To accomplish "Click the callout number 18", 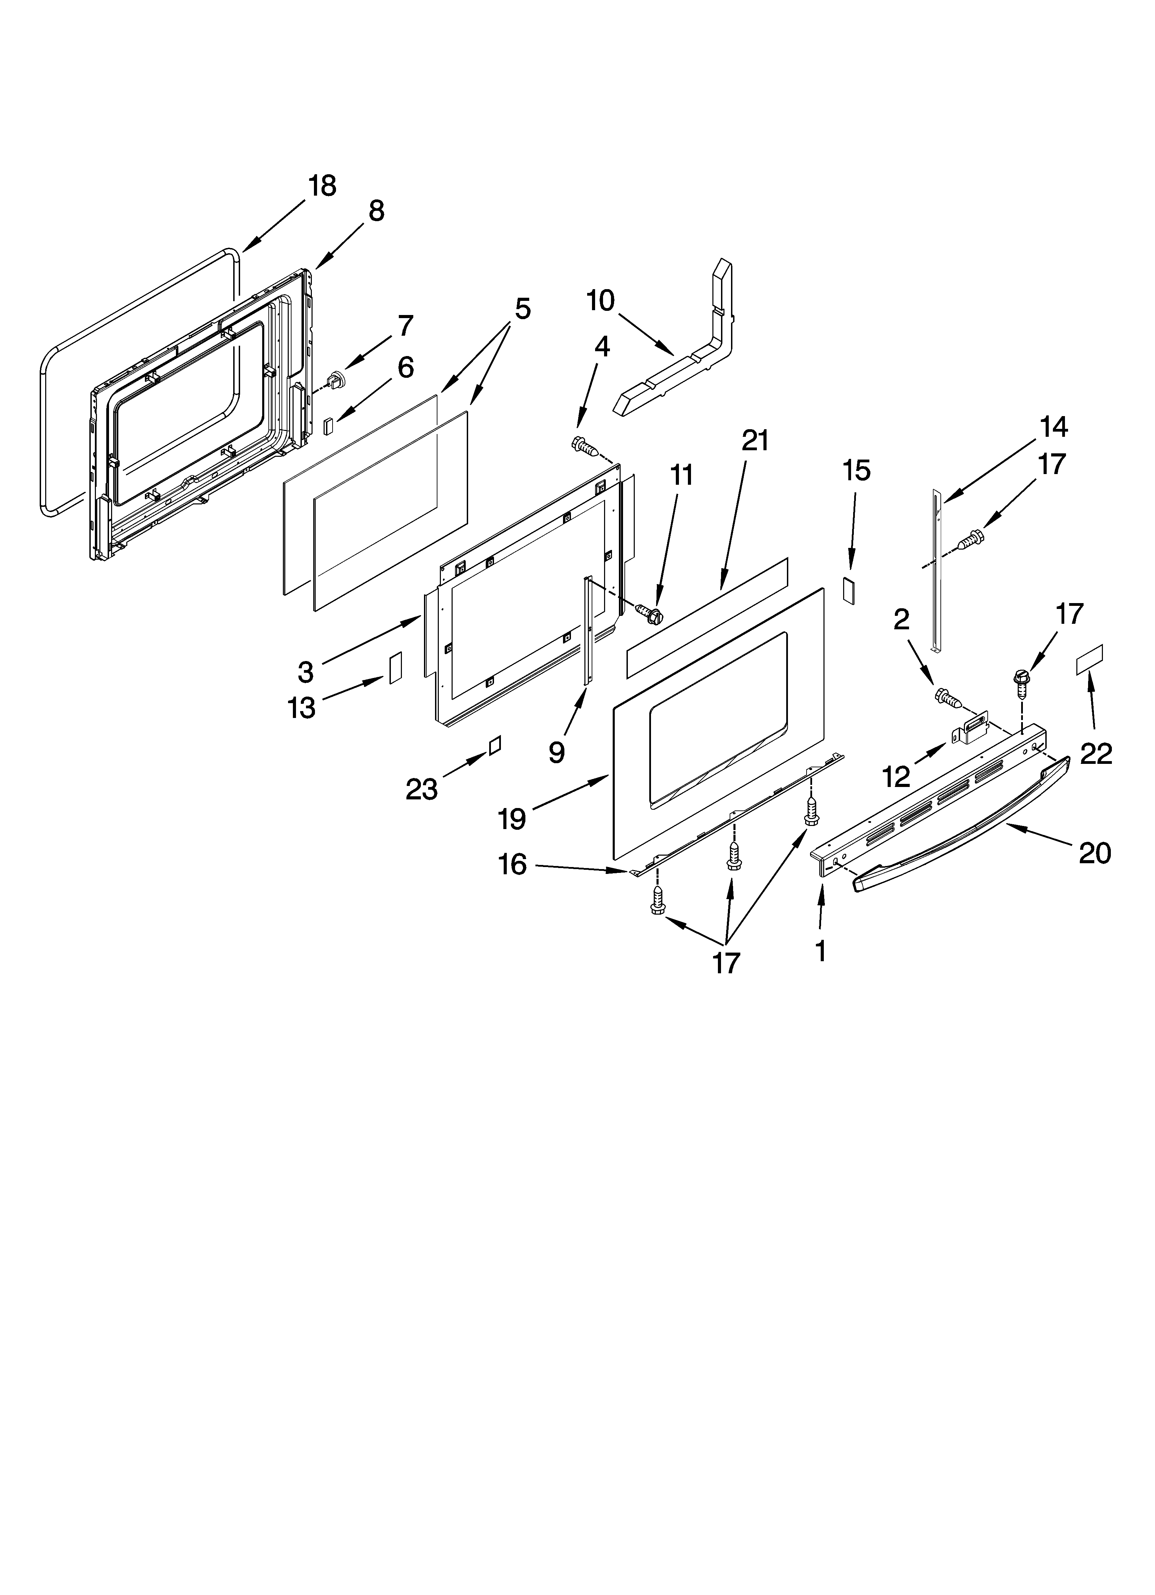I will [322, 186].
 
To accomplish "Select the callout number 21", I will [755, 441].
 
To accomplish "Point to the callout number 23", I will [421, 790].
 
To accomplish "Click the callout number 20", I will [1095, 853].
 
